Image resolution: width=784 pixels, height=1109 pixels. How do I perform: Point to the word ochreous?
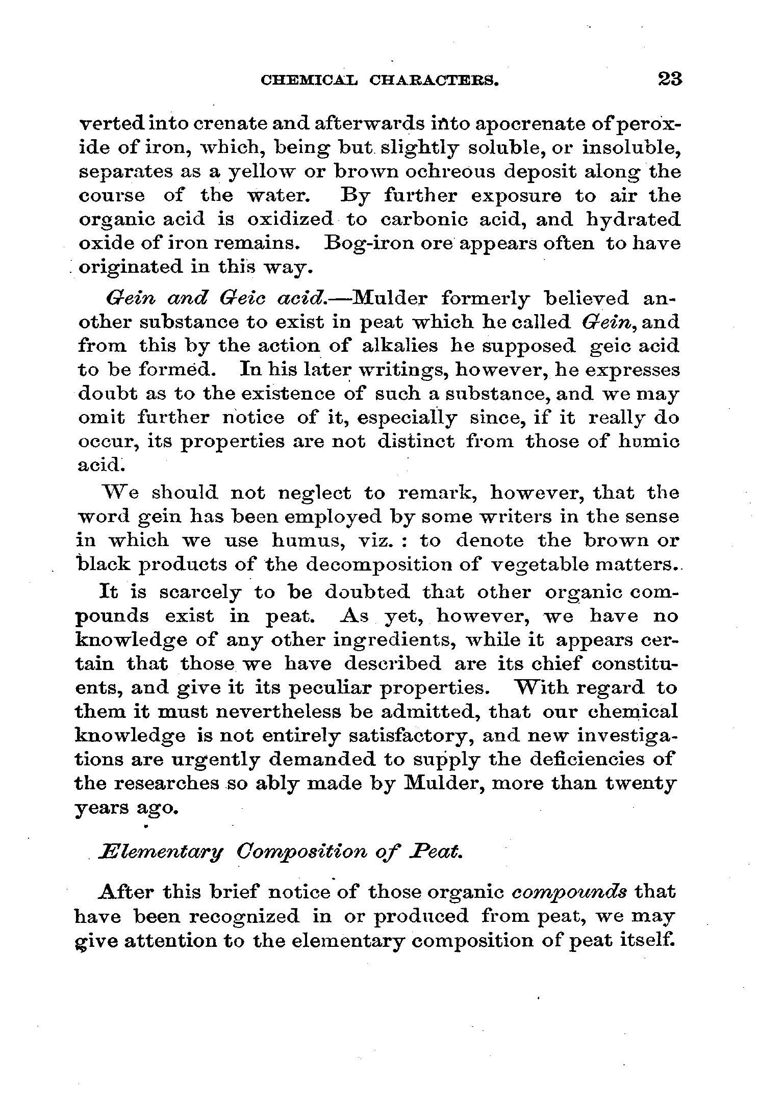449,172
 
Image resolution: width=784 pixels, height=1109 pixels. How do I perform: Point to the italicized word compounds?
569,892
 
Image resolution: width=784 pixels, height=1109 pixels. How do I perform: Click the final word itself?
646,940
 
